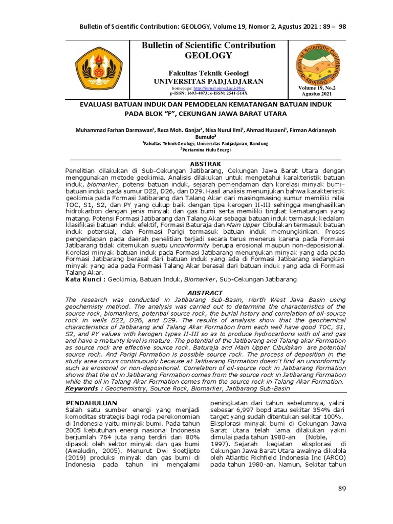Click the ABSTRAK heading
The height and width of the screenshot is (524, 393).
(205, 163)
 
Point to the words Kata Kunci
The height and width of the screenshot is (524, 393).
(85, 280)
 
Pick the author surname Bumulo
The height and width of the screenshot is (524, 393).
(205, 138)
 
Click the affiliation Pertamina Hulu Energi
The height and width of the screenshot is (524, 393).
(206, 150)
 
